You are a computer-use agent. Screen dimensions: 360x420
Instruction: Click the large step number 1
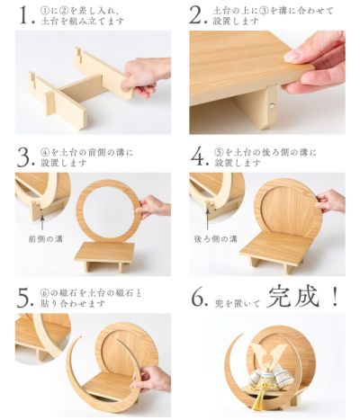pos(24,15)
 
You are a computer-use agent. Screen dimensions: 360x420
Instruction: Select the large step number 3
pos(24,157)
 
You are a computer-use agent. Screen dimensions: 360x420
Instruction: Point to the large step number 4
pos(198,157)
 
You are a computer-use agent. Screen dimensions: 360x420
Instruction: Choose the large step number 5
pos(24,298)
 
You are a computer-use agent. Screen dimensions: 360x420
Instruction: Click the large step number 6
pos(198,298)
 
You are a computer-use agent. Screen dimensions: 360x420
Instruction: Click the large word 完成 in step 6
pos(292,298)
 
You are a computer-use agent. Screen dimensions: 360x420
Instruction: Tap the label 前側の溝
pos(46,239)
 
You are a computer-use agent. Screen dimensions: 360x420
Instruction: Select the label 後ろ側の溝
pos(215,239)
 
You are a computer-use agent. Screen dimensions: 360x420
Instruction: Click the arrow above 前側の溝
pos(42,221)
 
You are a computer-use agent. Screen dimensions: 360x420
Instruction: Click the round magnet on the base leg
pos(273,106)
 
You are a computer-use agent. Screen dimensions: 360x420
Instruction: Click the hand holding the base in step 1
pos(144,76)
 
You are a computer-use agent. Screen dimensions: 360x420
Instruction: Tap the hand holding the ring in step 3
pos(153,207)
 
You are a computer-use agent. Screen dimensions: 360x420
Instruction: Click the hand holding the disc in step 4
pos(330,201)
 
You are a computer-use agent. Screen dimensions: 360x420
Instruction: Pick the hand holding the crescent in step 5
pos(150,380)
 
